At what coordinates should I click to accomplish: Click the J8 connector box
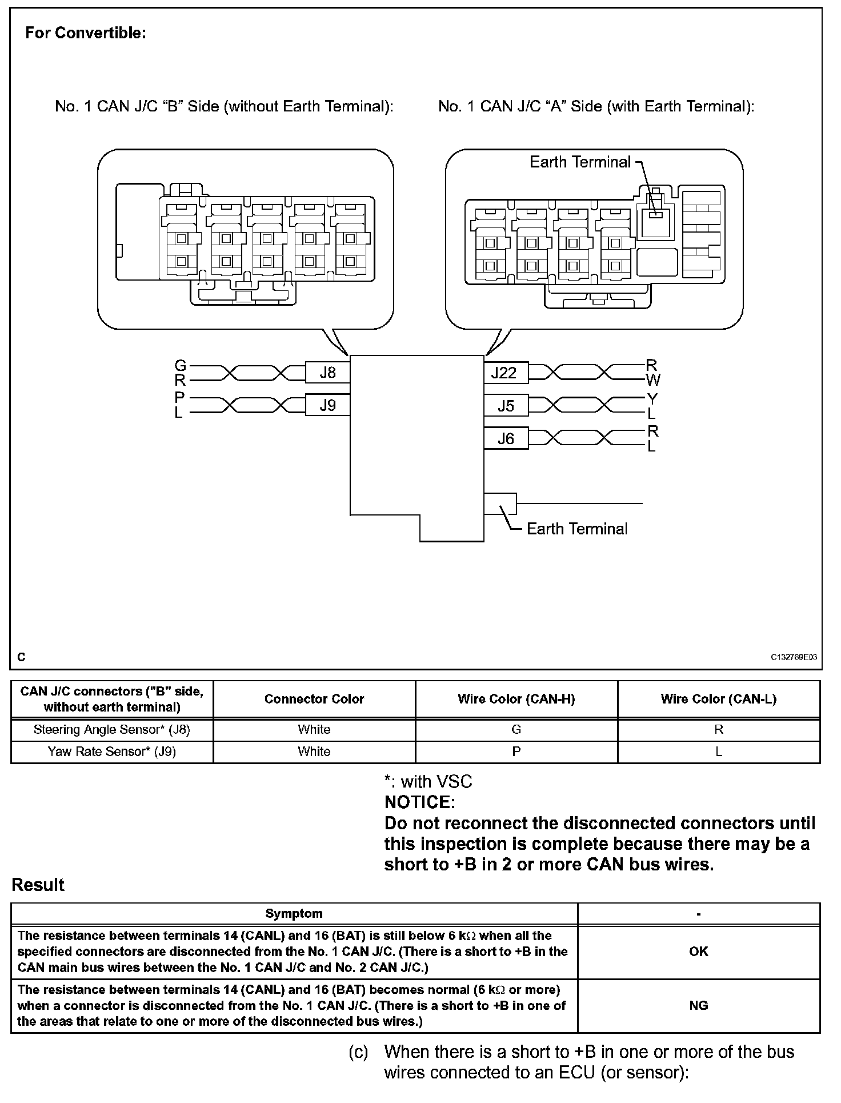pyautogui.click(x=327, y=373)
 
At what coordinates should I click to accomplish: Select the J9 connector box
pyautogui.click(x=327, y=405)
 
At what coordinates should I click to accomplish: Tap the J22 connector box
pyautogui.click(x=505, y=373)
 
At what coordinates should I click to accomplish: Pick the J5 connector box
pyautogui.click(x=506, y=406)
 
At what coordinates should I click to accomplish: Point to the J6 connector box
pyautogui.click(x=506, y=438)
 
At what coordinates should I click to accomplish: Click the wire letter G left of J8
pyautogui.click(x=180, y=365)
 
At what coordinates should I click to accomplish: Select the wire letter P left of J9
pyautogui.click(x=180, y=397)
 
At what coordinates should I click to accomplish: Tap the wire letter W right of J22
pyautogui.click(x=652, y=380)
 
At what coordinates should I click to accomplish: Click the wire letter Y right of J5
pyautogui.click(x=652, y=398)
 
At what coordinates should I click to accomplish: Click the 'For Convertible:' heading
pyautogui.click(x=86, y=33)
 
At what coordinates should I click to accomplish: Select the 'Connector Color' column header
pyautogui.click(x=314, y=698)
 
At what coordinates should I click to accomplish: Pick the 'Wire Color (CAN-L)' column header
pyautogui.click(x=718, y=698)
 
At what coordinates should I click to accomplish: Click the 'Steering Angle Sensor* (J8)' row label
pyautogui.click(x=112, y=729)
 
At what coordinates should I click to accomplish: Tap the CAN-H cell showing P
pyautogui.click(x=516, y=752)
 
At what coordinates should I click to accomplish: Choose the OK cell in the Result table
pyautogui.click(x=698, y=952)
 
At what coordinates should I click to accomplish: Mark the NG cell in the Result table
pyautogui.click(x=698, y=1005)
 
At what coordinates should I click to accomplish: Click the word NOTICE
pyautogui.click(x=419, y=802)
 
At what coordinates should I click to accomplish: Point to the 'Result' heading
pyautogui.click(x=38, y=885)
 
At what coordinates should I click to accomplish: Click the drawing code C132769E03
pyautogui.click(x=794, y=657)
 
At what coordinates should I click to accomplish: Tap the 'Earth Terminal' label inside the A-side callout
pyautogui.click(x=580, y=162)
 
